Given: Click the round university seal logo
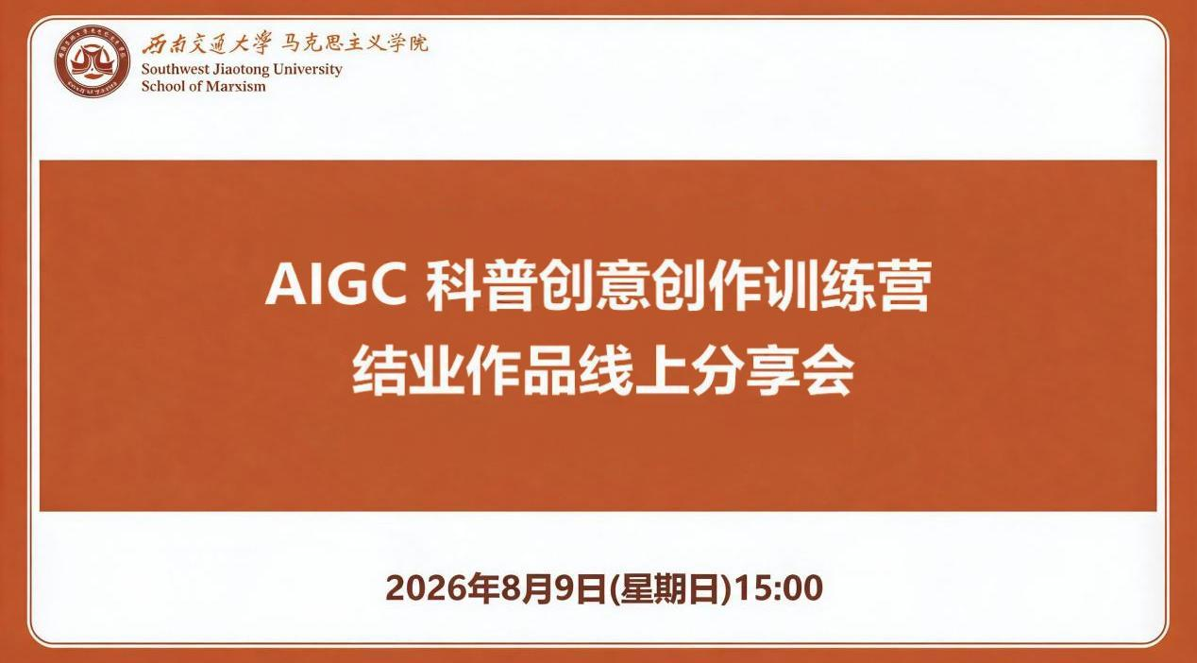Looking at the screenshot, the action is [x=93, y=61].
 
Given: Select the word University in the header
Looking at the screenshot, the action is [x=307, y=70].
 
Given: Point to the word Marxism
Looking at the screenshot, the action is [x=236, y=87].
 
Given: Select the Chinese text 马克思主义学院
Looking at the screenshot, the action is [x=355, y=43].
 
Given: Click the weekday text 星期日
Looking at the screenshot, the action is [x=669, y=588].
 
